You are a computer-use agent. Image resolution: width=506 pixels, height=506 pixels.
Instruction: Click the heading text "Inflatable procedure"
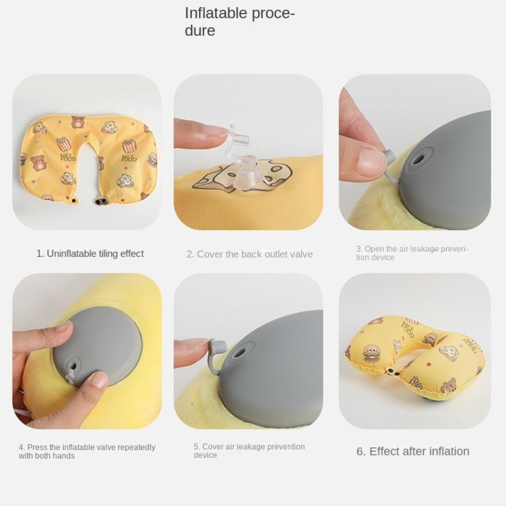pos(239,22)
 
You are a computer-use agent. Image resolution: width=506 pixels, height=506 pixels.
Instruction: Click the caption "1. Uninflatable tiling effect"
pos(90,254)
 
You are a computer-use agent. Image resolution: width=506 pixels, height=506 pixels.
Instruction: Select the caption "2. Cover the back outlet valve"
pos(249,254)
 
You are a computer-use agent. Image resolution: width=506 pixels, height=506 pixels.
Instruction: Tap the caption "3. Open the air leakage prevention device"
pos(412,253)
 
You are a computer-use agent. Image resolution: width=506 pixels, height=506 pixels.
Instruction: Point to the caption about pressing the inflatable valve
pos(87,451)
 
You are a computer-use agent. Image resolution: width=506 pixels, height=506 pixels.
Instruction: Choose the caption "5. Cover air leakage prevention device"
pos(249,451)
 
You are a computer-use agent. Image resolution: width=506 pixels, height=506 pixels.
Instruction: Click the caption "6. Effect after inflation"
pos(413,451)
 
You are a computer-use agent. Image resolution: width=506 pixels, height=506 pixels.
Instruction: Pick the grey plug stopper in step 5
pos(217,349)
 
